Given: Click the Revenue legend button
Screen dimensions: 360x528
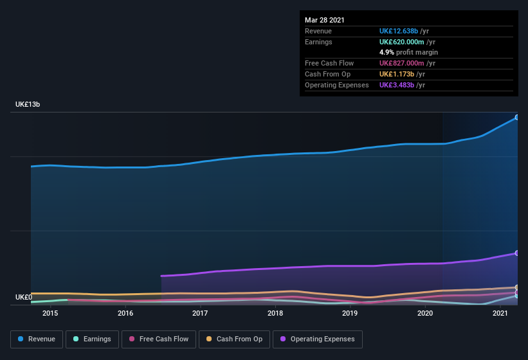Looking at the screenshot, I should [x=36, y=339].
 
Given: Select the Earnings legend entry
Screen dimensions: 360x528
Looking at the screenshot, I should [x=93, y=339].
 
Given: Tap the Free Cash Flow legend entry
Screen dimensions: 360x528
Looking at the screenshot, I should [x=159, y=339].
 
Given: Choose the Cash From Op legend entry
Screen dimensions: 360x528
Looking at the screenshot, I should [x=234, y=339].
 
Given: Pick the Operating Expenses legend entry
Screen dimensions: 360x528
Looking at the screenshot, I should [x=317, y=339].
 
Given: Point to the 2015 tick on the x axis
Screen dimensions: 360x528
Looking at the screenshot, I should [x=50, y=313].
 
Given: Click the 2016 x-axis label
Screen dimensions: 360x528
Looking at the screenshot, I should [x=125, y=313].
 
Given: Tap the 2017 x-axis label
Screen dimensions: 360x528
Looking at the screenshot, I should [x=200, y=313].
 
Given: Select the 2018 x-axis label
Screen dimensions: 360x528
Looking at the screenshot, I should [x=275, y=313].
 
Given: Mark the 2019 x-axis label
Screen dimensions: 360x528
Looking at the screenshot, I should [x=350, y=313].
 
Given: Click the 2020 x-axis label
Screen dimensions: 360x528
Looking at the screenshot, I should [x=425, y=313].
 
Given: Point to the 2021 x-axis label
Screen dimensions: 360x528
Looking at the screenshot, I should [x=500, y=313].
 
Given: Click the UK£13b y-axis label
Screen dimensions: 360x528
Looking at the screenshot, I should [x=28, y=104].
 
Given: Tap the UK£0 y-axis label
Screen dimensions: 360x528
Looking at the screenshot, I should [x=24, y=297].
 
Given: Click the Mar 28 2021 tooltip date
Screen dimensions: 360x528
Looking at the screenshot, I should [x=325, y=20].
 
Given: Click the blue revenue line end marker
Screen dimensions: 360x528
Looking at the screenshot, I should [x=516, y=118].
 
